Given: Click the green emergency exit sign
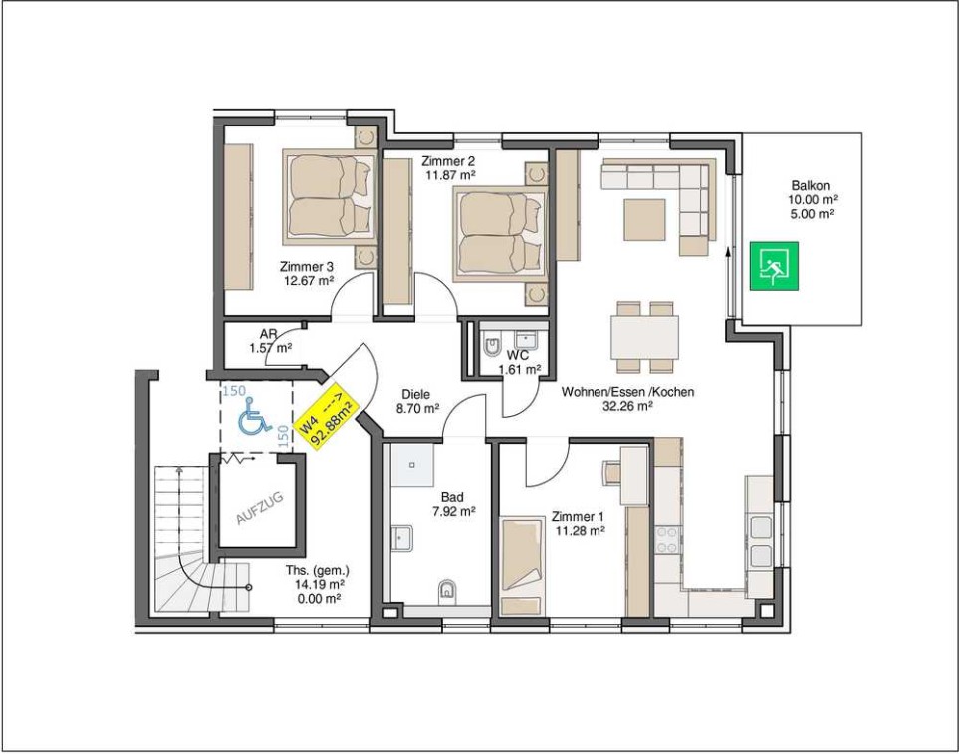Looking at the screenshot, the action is pyautogui.click(x=775, y=267).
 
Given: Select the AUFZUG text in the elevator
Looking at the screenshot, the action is pyautogui.click(x=260, y=508).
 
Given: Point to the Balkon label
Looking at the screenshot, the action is pyautogui.click(x=811, y=186).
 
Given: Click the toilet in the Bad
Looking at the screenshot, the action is pyautogui.click(x=448, y=590).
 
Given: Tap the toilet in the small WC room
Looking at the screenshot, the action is pyautogui.click(x=492, y=347).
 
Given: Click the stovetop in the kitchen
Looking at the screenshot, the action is pyautogui.click(x=666, y=540).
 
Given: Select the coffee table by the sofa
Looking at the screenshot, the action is pyautogui.click(x=644, y=219).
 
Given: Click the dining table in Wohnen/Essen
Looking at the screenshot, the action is pyautogui.click(x=644, y=337).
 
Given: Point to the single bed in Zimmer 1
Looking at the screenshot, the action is pyautogui.click(x=522, y=567).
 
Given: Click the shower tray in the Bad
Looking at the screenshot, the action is pyautogui.click(x=413, y=465).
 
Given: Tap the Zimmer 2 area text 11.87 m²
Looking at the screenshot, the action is pyautogui.click(x=451, y=175).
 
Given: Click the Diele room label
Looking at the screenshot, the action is pyautogui.click(x=416, y=395).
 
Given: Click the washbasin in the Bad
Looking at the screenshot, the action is pyautogui.click(x=402, y=538).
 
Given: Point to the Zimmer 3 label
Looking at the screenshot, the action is pyautogui.click(x=307, y=267).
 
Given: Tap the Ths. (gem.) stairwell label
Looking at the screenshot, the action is pyautogui.click(x=318, y=571).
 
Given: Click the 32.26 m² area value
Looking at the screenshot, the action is pyautogui.click(x=627, y=406).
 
